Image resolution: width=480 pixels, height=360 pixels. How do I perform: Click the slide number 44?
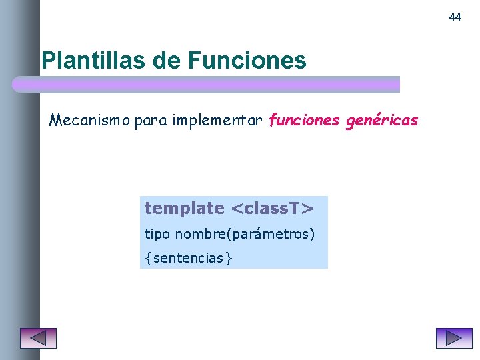click(x=455, y=17)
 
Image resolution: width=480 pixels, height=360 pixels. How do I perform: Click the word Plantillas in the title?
click(x=93, y=61)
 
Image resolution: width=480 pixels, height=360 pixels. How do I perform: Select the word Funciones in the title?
click(x=247, y=61)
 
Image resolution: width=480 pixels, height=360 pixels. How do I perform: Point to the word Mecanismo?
click(x=90, y=121)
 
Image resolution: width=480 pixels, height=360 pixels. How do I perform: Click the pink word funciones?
click(x=303, y=121)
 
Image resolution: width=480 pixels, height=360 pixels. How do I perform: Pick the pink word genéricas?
click(x=382, y=121)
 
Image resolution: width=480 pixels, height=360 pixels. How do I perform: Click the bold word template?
click(x=184, y=209)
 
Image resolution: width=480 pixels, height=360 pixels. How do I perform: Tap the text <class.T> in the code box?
click(x=271, y=209)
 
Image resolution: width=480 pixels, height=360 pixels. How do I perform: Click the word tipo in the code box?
click(x=157, y=235)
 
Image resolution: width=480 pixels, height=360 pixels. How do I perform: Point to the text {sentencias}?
click(x=189, y=258)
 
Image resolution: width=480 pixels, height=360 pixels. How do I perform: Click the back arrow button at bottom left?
click(x=38, y=338)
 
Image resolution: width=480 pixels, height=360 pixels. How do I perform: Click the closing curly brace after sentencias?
click(x=229, y=258)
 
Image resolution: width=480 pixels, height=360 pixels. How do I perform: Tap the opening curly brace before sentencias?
click(x=147, y=258)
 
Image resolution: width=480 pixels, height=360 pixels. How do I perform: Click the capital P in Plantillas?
click(x=48, y=61)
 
